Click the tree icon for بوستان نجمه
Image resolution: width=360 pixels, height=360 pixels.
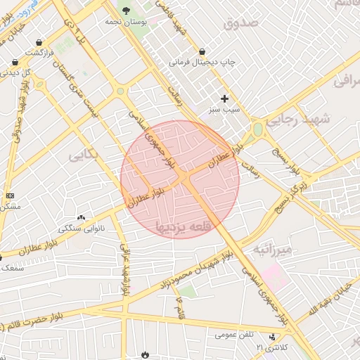pyautogui.click(x=126, y=10)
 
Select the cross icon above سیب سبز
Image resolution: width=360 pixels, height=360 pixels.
pyautogui.click(x=225, y=98)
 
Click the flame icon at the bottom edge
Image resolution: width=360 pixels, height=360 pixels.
pyautogui.click(x=146, y=355)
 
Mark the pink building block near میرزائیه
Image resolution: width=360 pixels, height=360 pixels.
pyautogui.click(x=274, y=277)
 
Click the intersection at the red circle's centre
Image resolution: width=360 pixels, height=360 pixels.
pyautogui.click(x=180, y=179)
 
